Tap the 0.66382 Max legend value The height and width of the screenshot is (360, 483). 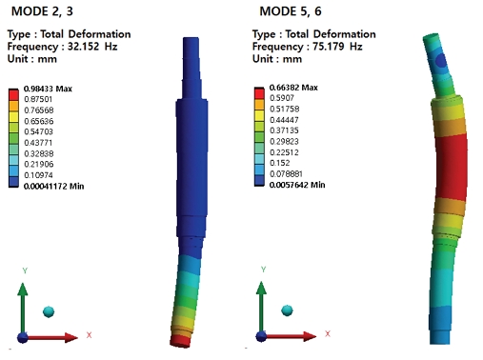coord(289,88)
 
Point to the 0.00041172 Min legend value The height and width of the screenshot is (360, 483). coord(52,186)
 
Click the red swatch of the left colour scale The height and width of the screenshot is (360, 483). coord(13,95)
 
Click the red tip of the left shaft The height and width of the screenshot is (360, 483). coord(181,337)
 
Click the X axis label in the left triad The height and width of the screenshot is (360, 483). coord(89,334)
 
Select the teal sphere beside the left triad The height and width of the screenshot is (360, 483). coord(50,310)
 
